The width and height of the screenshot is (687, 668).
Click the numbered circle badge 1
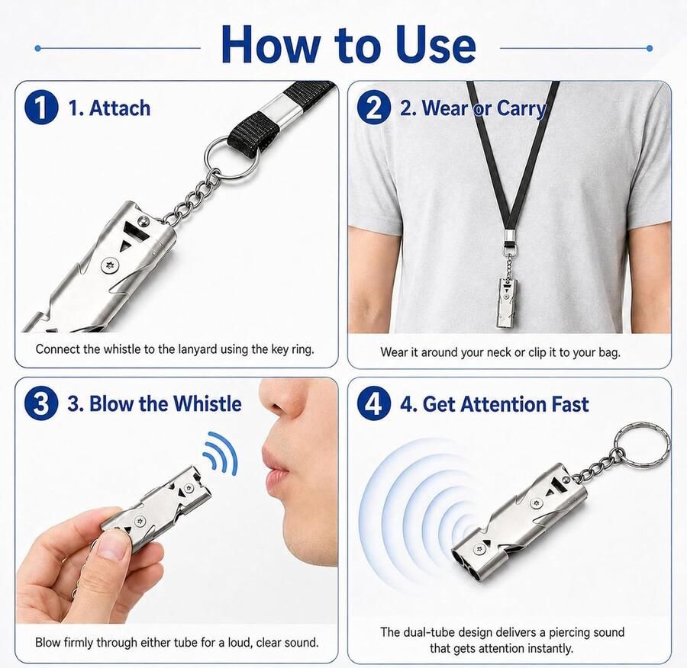point(41,107)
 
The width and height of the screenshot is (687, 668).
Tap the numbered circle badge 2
point(374,107)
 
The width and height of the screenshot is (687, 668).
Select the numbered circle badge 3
point(41,403)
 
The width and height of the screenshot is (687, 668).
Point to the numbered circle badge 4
point(374,403)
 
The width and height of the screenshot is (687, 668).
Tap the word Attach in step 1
point(120,108)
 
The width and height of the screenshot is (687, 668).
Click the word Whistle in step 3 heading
point(207,403)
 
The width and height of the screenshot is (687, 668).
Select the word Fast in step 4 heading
point(569,404)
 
